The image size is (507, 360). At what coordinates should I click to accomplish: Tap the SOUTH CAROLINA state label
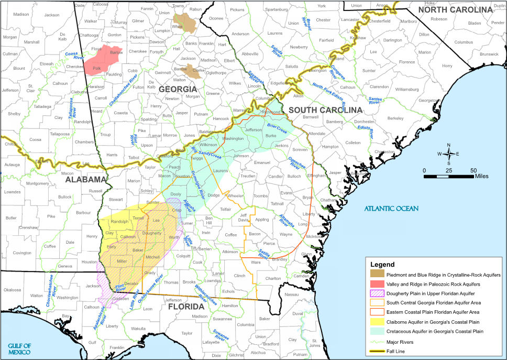325,110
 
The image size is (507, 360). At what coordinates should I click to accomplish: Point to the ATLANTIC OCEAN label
392,209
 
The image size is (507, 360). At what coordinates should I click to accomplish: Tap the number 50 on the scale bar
473,171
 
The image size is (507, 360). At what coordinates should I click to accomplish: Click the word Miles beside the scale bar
482,177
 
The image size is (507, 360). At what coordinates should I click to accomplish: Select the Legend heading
382,265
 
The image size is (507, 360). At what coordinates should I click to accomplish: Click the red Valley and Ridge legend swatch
377,283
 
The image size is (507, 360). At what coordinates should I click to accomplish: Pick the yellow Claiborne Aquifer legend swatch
377,322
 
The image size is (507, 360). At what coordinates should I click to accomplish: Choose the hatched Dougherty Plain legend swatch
377,293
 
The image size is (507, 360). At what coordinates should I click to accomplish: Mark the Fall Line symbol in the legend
377,351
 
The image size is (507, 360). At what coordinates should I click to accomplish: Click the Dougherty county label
152,233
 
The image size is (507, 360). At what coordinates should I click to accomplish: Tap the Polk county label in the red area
96,68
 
